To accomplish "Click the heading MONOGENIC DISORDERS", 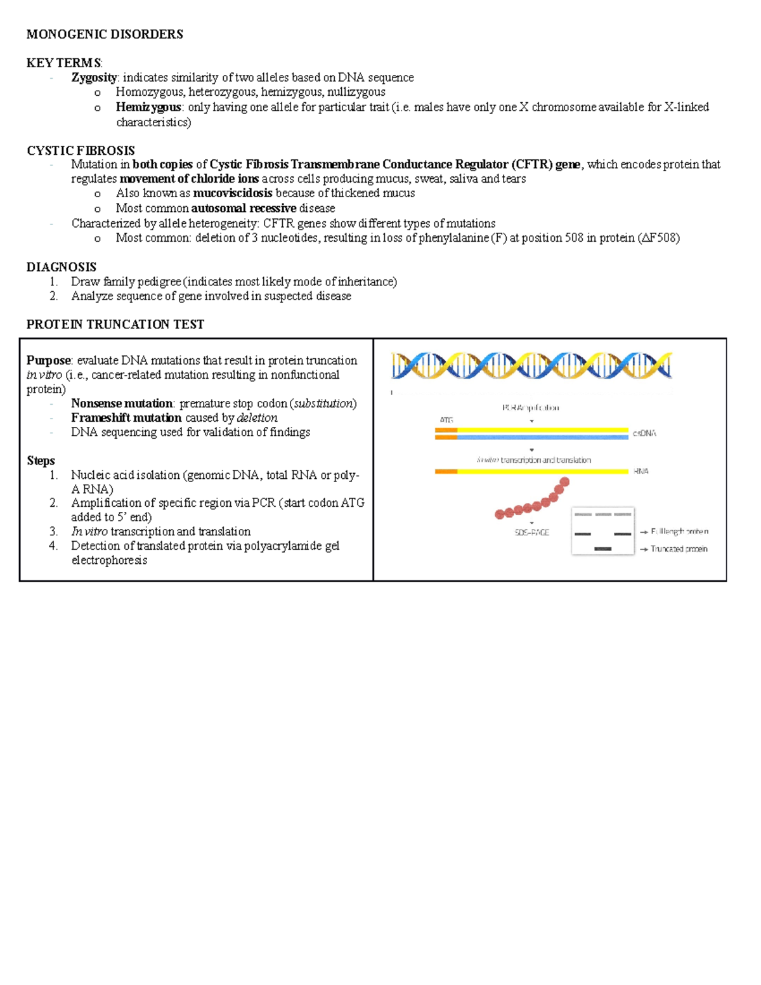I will [105, 34].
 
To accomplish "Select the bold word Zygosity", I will [94, 77].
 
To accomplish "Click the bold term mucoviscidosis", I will [232, 193].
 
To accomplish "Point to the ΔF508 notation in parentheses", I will [660, 238].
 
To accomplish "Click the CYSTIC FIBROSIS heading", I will [81, 150].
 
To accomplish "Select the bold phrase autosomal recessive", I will [244, 208].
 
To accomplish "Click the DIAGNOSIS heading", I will [62, 267].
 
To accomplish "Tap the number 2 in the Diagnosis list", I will [53, 296].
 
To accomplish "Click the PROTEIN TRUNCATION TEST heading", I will [115, 325].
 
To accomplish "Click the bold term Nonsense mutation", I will [122, 403].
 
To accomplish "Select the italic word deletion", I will [257, 418].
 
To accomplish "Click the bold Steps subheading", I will [41, 460].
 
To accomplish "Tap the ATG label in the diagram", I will [446, 420].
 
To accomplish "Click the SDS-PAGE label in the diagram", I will [531, 533].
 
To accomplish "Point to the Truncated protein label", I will [679, 549].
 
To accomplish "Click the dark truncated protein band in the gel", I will [602, 549].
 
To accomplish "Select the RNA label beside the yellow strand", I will [641, 471].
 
